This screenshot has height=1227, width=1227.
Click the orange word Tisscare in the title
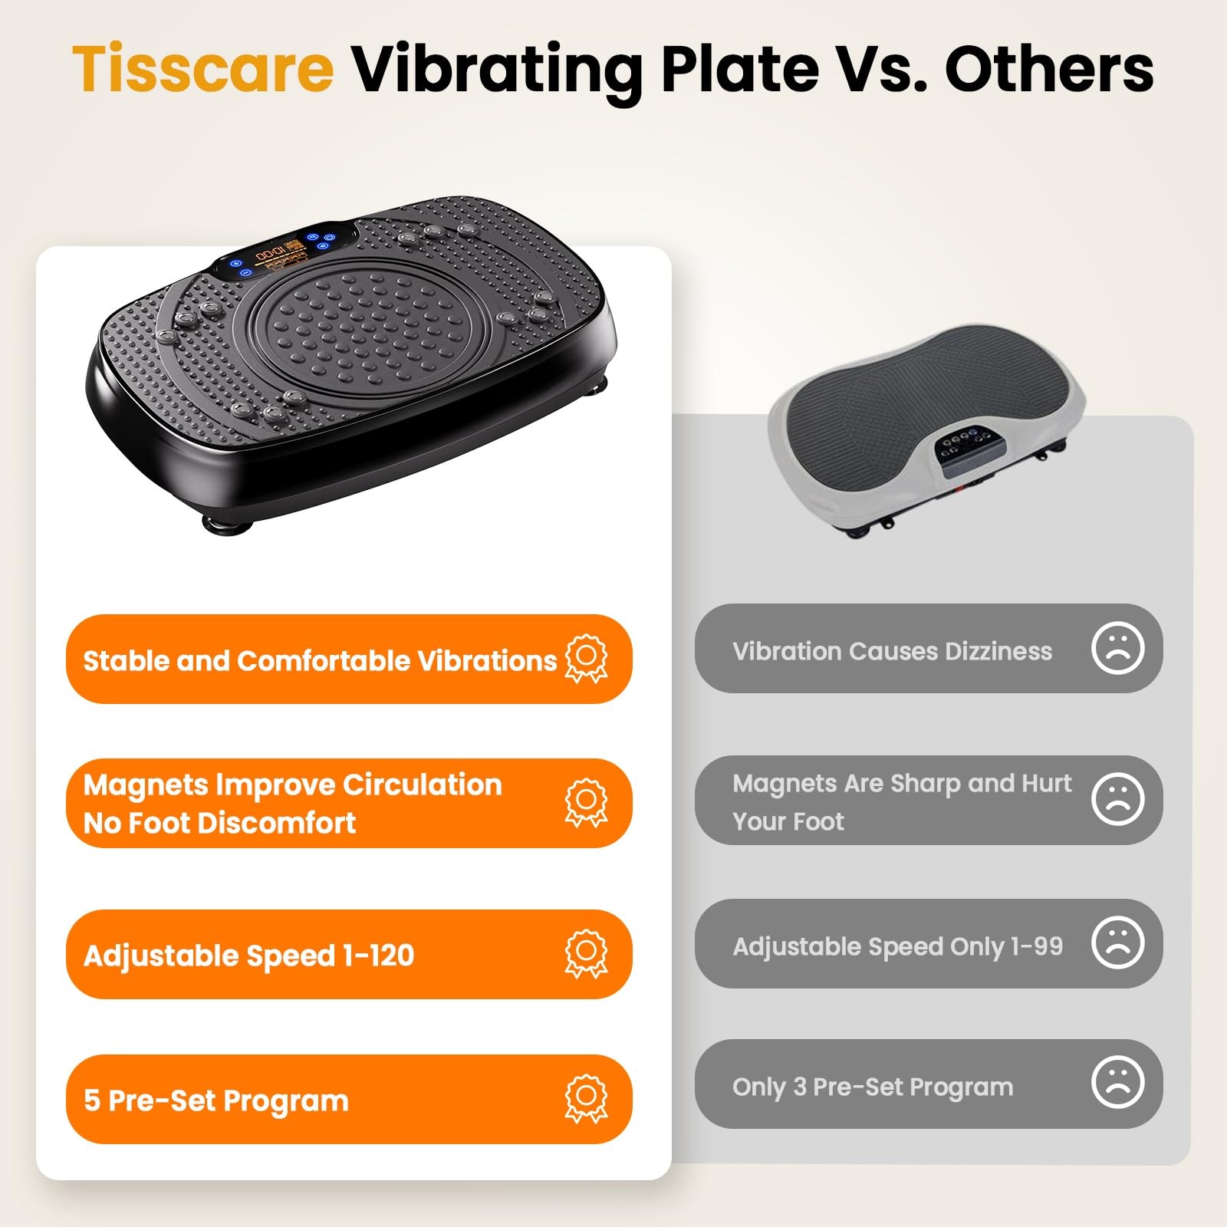(203, 68)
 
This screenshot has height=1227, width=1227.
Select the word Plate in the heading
(740, 68)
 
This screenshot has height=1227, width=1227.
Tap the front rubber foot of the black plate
(227, 525)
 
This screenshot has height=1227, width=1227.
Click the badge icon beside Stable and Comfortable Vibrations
(586, 658)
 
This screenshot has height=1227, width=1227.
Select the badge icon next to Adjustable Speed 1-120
(586, 954)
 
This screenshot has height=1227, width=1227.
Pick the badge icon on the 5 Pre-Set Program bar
(586, 1098)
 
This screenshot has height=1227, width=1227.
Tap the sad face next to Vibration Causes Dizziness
(1117, 648)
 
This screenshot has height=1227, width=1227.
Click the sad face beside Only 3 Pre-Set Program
(1117, 1082)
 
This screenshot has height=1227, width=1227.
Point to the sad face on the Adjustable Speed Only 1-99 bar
(1117, 942)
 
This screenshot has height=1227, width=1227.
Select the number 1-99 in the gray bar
(1037, 946)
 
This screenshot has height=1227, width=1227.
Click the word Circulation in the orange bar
(422, 785)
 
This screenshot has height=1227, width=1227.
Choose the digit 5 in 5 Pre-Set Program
(92, 1100)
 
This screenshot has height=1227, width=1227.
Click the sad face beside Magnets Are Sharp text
(1117, 799)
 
